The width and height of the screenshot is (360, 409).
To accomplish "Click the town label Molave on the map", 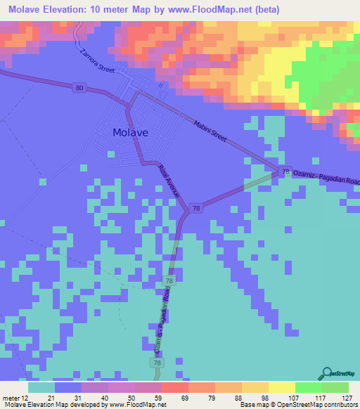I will tap(130, 131).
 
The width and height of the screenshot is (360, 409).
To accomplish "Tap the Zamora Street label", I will tap(96, 60).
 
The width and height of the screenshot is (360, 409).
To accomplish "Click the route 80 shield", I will tap(77, 87).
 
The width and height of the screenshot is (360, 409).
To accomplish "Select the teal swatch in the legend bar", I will tap(41, 387).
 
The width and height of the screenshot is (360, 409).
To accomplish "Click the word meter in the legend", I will tap(10, 397).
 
